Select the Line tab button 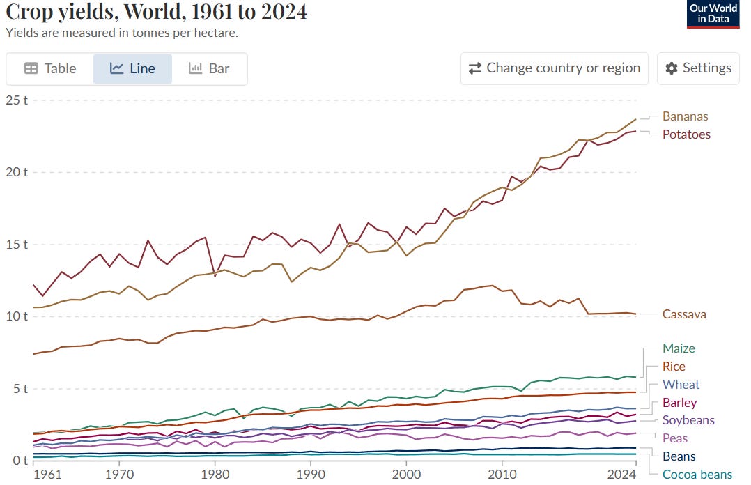[132, 68]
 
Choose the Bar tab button [209, 68]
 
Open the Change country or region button [554, 68]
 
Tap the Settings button [698, 68]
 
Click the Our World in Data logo [713, 14]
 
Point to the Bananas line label [685, 116]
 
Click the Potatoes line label [686, 134]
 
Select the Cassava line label [684, 314]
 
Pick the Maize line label [678, 348]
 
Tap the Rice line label [674, 367]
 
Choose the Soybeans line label [688, 420]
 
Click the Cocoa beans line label [697, 475]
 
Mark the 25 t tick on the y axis [16, 100]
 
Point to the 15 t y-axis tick [16, 245]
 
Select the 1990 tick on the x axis [311, 475]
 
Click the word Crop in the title [26, 12]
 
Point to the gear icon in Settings [672, 68]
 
